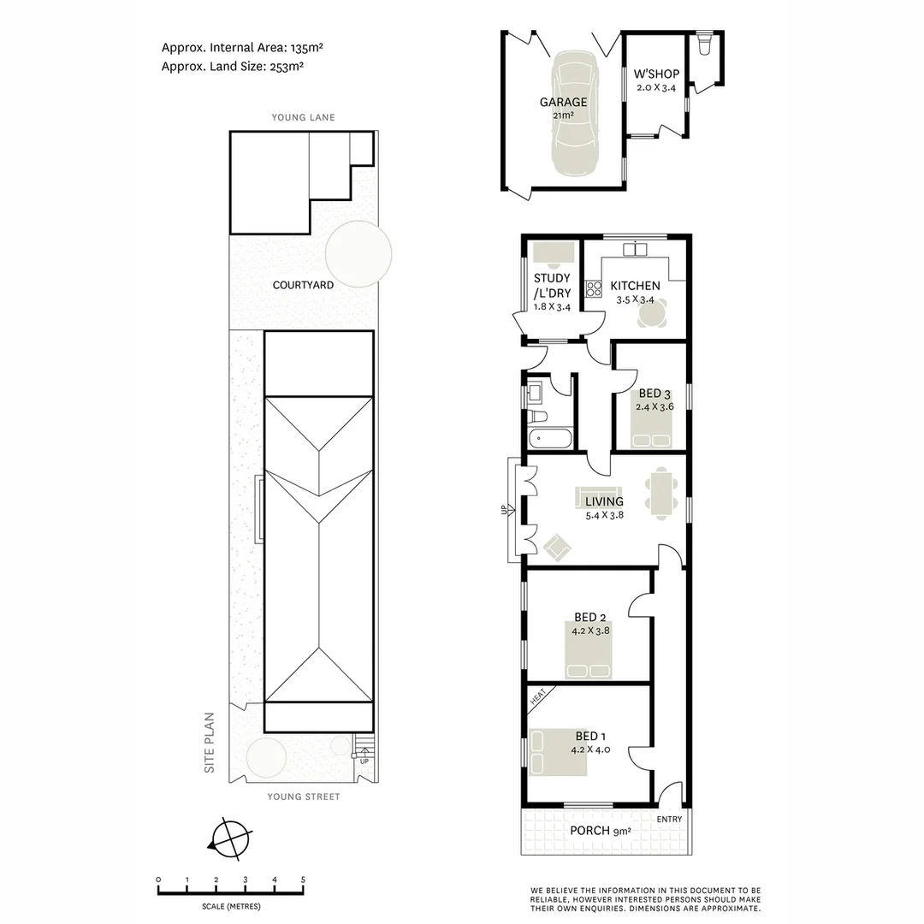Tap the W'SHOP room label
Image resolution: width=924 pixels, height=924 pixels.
click(656, 74)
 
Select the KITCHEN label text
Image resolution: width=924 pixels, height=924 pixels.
click(634, 286)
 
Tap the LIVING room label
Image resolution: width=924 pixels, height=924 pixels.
click(604, 501)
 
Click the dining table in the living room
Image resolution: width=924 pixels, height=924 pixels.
click(662, 493)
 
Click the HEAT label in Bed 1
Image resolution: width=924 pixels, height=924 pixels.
click(538, 698)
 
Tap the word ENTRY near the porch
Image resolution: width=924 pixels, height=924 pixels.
click(670, 820)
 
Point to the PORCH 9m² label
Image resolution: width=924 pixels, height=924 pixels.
click(600, 831)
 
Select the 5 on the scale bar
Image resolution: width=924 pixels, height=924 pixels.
click(303, 880)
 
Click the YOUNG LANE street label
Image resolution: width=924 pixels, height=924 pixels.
click(303, 117)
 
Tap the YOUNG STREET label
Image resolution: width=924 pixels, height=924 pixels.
click(303, 797)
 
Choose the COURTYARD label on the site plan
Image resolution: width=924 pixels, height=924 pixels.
click(303, 285)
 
